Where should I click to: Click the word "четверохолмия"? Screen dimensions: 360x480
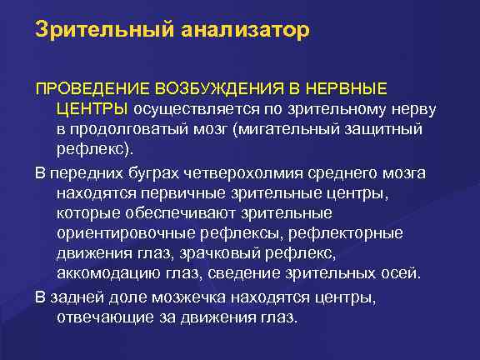coord(248,172)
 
